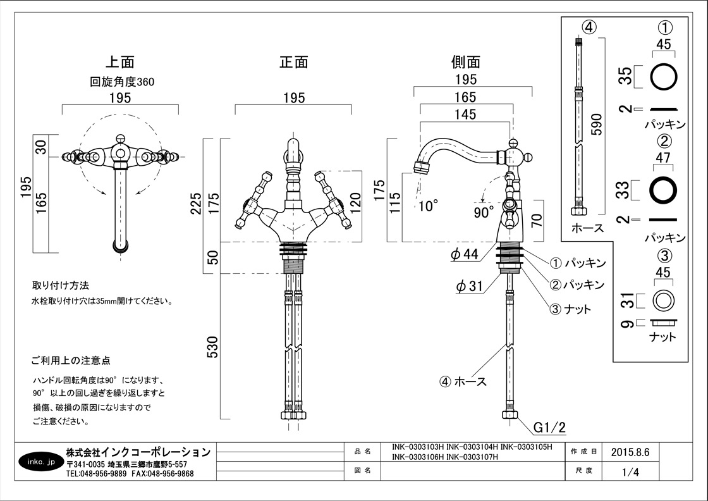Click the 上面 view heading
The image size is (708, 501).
[x=119, y=62]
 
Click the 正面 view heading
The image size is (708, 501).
[x=294, y=62]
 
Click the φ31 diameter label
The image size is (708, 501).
[x=469, y=286]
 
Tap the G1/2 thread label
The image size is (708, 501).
[x=548, y=428]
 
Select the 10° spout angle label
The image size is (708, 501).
[x=427, y=206]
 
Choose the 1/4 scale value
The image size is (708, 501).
[x=630, y=472]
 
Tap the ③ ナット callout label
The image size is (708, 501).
[x=570, y=309]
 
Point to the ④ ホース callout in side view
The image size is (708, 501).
[x=463, y=381]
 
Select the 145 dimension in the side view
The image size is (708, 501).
[x=464, y=114]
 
